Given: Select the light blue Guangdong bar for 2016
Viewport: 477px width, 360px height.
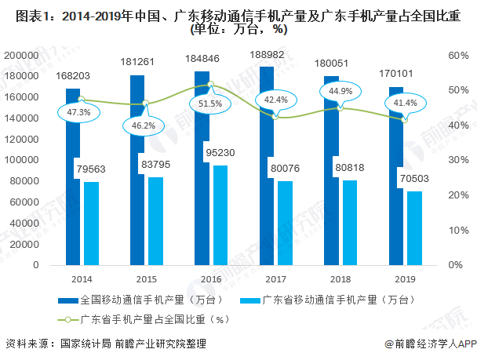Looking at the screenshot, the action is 220,215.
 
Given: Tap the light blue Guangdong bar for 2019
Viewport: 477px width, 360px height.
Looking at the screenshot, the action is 414,228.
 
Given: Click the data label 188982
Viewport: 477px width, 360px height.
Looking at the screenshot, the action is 267,55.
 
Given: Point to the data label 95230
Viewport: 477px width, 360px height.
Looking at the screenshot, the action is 220,152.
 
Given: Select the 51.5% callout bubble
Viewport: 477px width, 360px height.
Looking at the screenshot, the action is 210,103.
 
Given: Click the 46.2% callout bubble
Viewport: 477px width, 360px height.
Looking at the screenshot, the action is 144,125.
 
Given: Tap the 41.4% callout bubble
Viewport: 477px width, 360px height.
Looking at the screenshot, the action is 405,104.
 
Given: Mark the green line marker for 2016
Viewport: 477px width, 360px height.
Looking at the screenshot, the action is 210,84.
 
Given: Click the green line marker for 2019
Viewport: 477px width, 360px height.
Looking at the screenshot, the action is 404,119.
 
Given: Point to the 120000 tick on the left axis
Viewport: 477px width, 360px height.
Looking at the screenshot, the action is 21,140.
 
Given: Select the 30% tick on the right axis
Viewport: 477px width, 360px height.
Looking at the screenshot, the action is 458,160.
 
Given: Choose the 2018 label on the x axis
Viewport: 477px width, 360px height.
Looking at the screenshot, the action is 340,279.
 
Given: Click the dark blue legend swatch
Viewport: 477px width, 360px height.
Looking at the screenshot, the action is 68,300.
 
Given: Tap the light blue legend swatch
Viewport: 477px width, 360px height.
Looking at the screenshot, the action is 250,300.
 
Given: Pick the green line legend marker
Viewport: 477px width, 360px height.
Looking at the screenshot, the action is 67,320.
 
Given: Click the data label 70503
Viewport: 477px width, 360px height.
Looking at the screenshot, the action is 414,179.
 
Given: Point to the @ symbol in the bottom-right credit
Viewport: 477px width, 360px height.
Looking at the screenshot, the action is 389,344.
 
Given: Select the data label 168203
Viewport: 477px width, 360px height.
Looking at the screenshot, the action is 73,76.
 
